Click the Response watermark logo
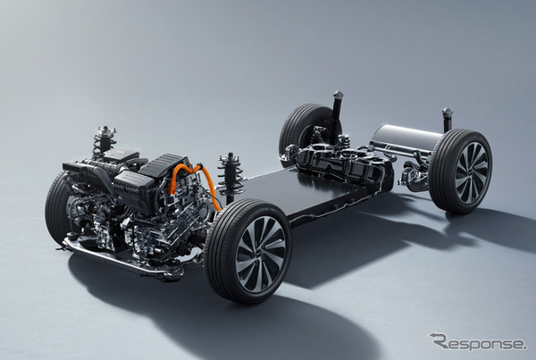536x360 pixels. [x=478, y=342]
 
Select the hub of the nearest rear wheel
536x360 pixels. [x=472, y=172]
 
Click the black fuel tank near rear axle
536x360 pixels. [x=344, y=164]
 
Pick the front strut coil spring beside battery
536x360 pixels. [x=230, y=178]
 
